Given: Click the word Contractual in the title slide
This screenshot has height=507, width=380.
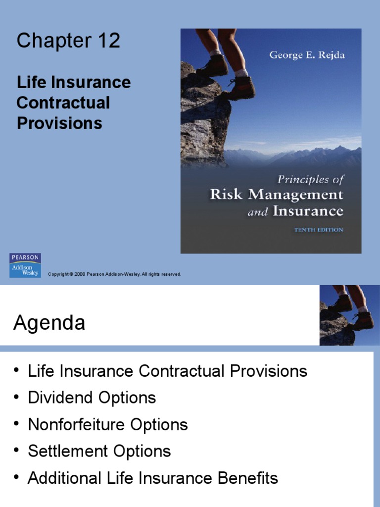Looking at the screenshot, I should pos(63,103).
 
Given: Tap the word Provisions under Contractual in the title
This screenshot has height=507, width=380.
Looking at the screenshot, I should pos(59,123).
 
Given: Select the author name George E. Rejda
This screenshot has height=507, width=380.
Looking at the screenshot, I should pos(307,55).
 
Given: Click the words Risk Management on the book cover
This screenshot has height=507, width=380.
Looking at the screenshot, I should pos(277,194).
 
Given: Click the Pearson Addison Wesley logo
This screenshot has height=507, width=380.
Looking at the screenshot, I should pos(25,265).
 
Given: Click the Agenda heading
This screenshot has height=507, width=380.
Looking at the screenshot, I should pos(49,323).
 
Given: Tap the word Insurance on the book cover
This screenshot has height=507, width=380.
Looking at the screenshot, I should pos(309,211).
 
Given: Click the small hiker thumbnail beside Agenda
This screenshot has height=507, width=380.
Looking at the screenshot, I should pos(346,315).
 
